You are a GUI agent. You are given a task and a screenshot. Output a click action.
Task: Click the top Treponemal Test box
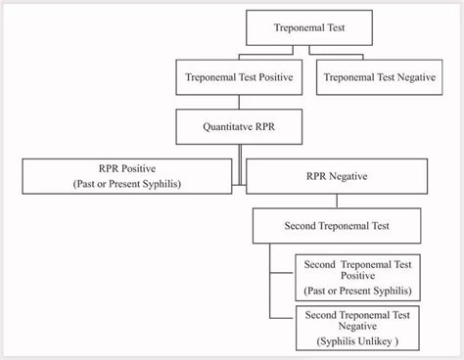tap(308, 28)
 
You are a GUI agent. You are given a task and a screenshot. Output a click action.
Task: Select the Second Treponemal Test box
tap(338, 226)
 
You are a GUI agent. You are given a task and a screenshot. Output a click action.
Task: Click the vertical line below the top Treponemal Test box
tap(308, 52)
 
